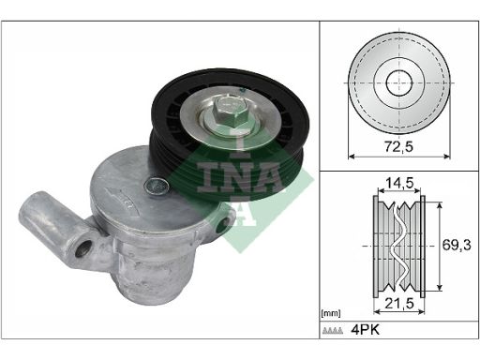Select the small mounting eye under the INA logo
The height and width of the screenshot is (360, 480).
tap(223, 222)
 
